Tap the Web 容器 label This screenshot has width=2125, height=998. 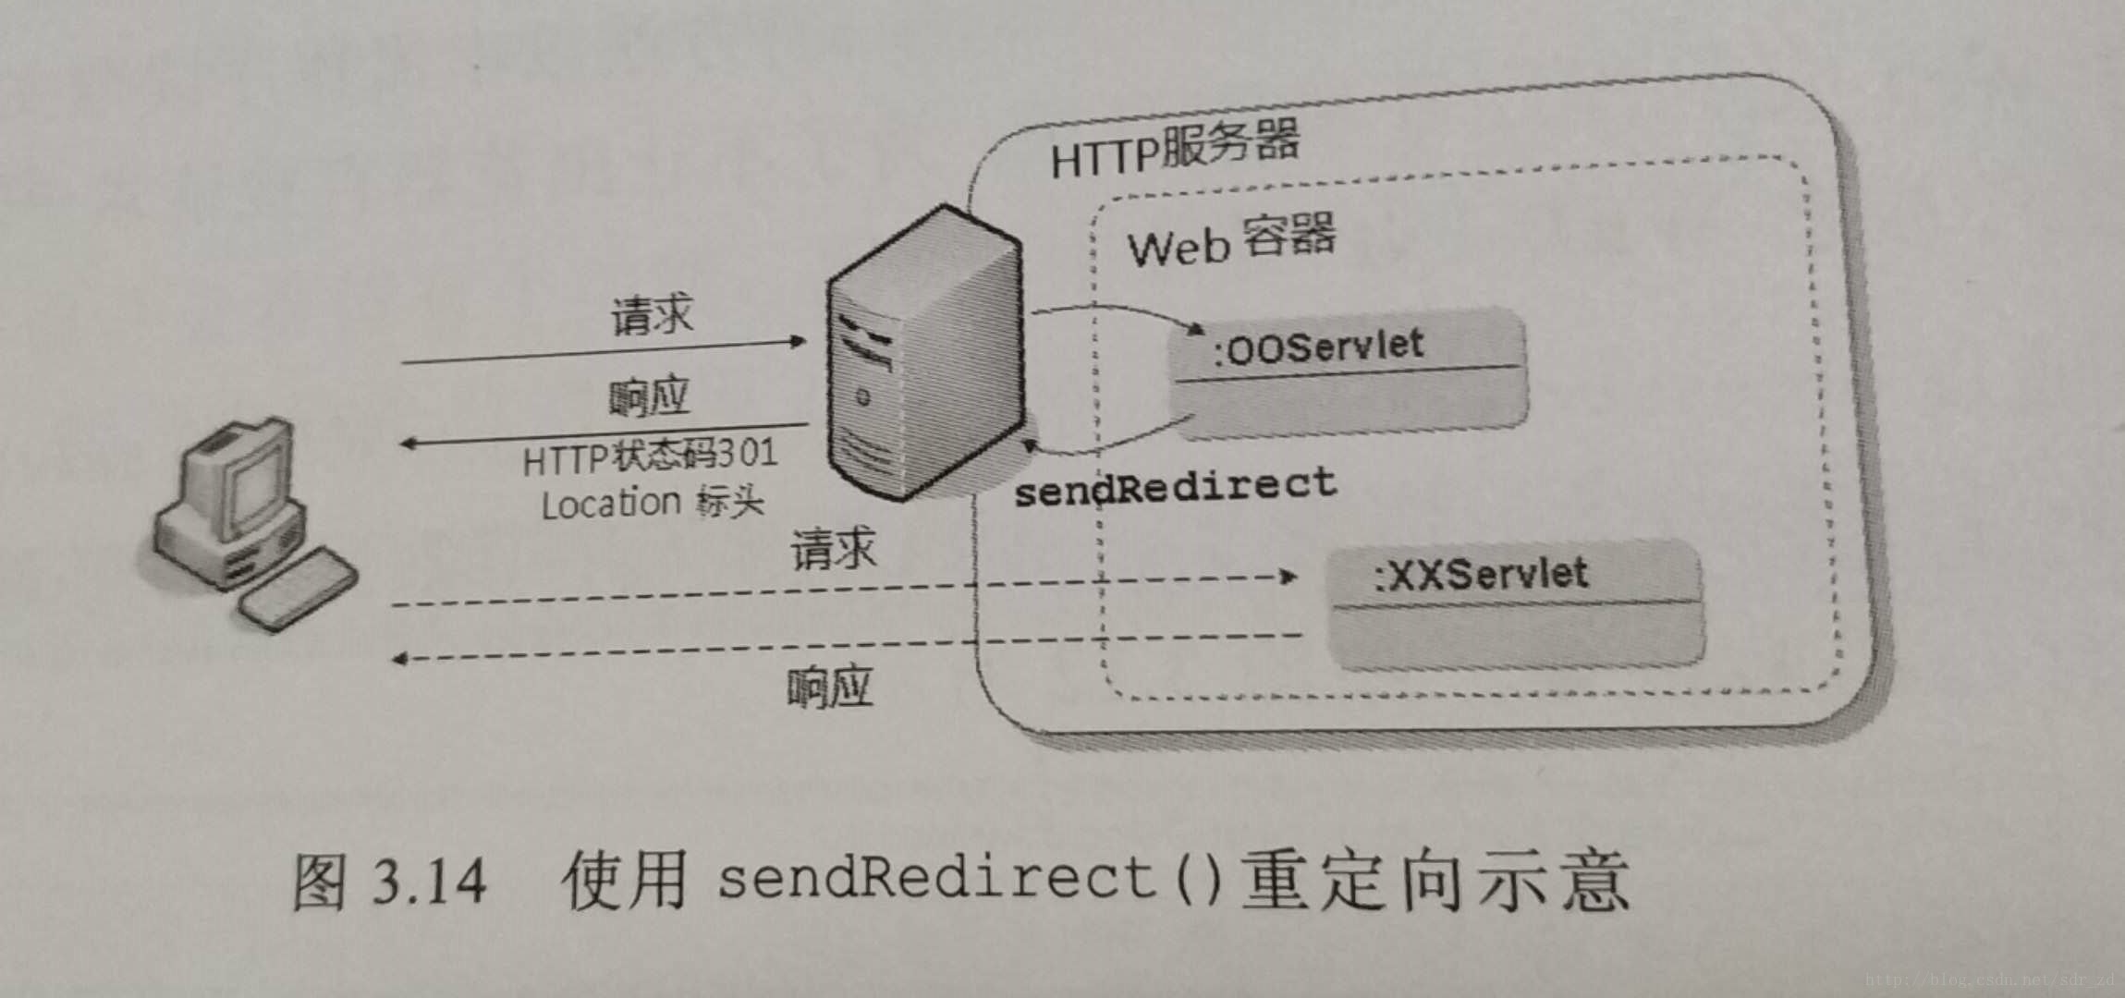coord(1230,240)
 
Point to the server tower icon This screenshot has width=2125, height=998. coord(925,356)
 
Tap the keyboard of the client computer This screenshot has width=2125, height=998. coord(298,588)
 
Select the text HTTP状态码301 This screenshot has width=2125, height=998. coord(650,456)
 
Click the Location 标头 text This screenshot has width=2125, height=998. coord(653,504)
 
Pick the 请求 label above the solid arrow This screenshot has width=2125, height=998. coord(652,315)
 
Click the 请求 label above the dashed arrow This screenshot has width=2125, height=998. coord(833,549)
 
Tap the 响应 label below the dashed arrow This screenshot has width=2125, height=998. coord(829,688)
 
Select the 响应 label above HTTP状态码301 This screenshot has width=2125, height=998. coord(649,397)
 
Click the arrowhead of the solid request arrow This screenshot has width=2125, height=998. coord(797,342)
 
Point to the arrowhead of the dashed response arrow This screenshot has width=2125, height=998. coord(400,659)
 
